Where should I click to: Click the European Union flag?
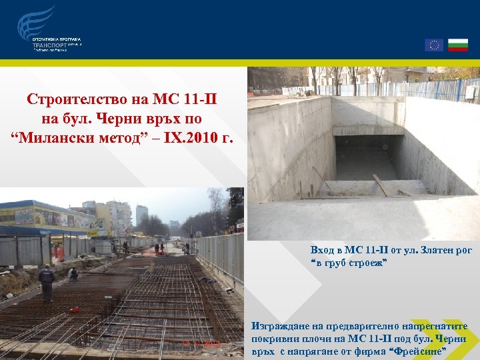434,45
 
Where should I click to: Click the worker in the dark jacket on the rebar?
47,282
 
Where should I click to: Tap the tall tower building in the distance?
141,215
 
